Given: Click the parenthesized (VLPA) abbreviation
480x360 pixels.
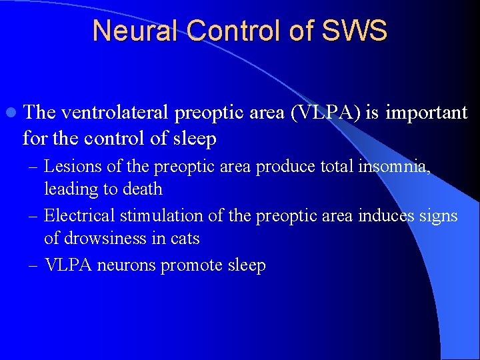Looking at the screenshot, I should tap(324, 113).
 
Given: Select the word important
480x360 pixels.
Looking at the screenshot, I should tap(426, 113).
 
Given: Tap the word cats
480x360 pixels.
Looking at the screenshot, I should tap(185, 238).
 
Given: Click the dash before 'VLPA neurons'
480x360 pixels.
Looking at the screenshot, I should tap(32, 265).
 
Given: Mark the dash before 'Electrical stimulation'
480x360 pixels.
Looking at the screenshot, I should tap(32, 216).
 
